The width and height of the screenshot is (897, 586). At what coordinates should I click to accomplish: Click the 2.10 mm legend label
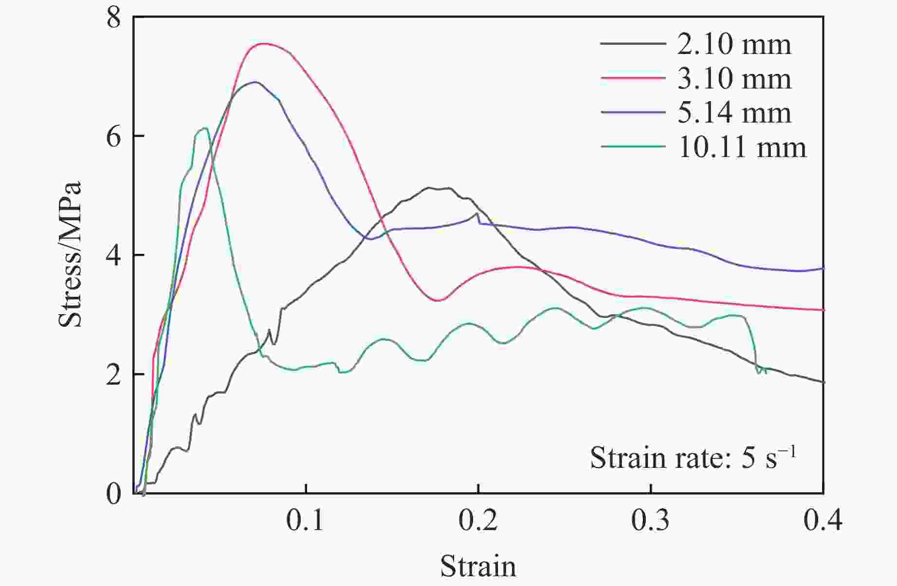pyautogui.click(x=734, y=44)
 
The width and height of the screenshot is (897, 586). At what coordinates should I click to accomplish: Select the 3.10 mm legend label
pyautogui.click(x=734, y=78)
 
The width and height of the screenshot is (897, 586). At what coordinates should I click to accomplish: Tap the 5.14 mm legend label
pyautogui.click(x=734, y=112)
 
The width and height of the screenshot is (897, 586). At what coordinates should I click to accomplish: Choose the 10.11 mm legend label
pyautogui.click(x=742, y=146)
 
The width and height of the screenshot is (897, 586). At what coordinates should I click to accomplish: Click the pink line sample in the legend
pyautogui.click(x=633, y=78)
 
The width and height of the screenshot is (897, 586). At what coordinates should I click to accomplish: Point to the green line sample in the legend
pyautogui.click(x=633, y=146)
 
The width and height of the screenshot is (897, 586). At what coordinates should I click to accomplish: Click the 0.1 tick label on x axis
pyautogui.click(x=305, y=521)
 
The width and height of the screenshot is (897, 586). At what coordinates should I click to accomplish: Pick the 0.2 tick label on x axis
pyautogui.click(x=478, y=521)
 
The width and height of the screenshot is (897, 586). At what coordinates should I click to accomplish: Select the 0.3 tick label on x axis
pyautogui.click(x=650, y=521)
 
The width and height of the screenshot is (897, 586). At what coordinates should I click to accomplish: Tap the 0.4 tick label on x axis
pyautogui.click(x=823, y=521)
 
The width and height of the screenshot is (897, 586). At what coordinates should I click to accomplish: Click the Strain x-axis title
pyautogui.click(x=478, y=566)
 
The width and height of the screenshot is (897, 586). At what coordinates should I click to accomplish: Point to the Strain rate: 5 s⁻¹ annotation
pyautogui.click(x=693, y=457)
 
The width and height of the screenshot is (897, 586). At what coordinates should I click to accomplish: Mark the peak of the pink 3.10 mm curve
pyautogui.click(x=263, y=43)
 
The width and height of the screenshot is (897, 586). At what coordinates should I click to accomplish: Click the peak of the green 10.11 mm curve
pyautogui.click(x=205, y=128)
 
